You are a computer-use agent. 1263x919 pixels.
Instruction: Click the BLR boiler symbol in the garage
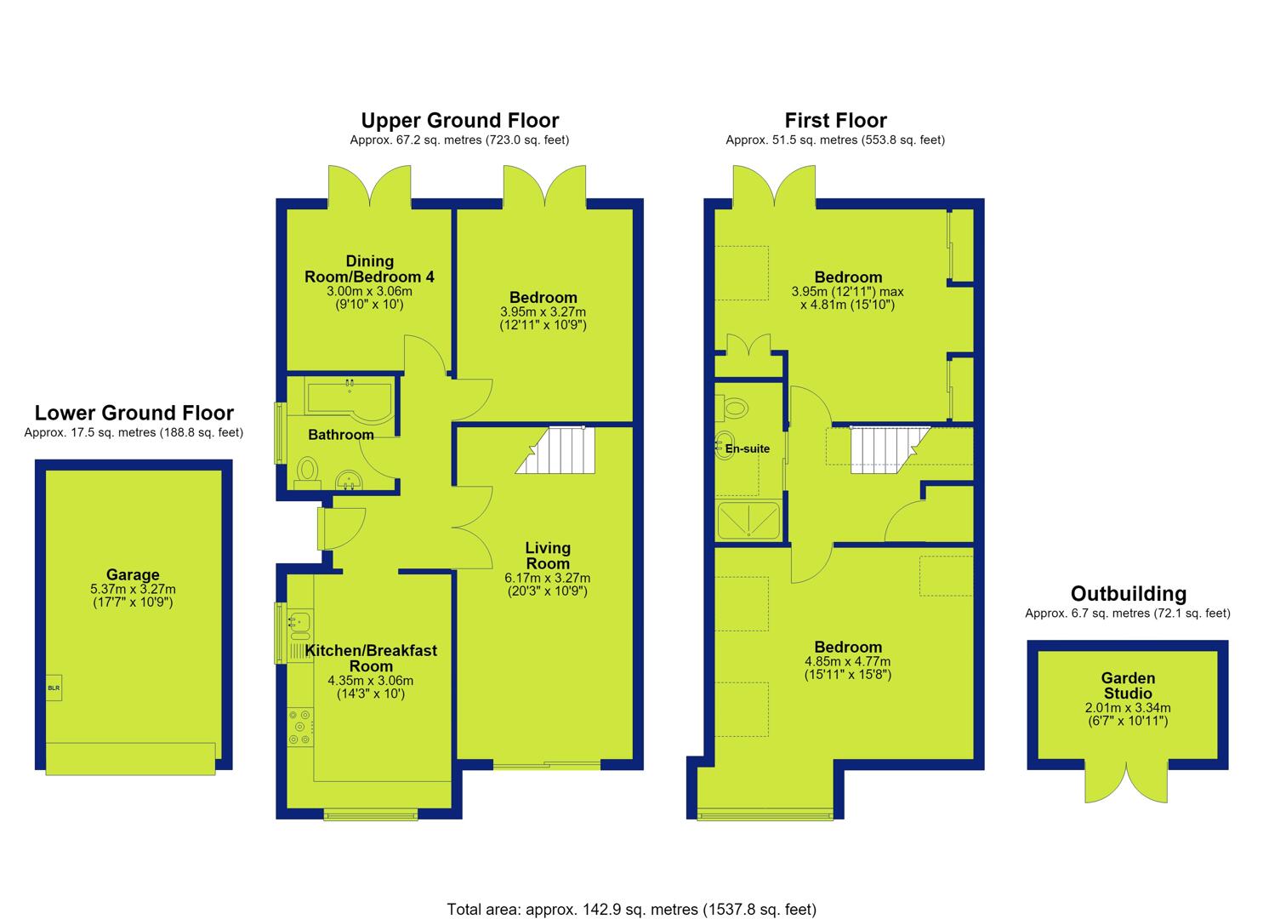pos(54,688)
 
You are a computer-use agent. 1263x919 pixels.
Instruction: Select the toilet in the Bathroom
pos(307,473)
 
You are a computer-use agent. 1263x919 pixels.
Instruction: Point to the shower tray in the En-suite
pos(748,520)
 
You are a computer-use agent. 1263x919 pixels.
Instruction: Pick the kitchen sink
pos(300,622)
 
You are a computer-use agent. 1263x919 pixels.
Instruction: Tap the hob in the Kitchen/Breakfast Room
pos(300,728)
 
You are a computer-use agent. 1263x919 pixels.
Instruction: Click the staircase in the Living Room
pos(555,450)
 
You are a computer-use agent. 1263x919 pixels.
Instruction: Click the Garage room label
pos(133,575)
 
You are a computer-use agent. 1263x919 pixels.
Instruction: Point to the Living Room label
pos(548,556)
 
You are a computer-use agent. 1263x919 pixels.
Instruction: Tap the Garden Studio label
pos(1129,686)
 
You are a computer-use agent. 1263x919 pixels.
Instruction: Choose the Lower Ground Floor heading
pos(134,413)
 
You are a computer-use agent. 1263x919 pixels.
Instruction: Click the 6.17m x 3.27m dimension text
pos(548,578)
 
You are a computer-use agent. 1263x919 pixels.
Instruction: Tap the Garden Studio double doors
pos(1127,782)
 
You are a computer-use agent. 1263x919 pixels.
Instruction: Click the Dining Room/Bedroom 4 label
pos(369,269)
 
